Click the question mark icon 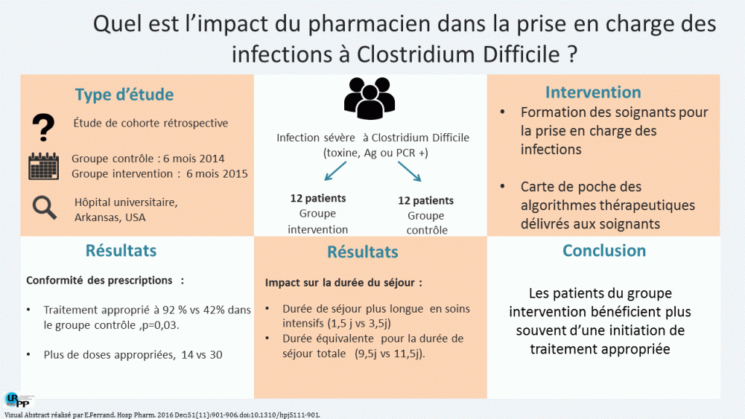(x=43, y=128)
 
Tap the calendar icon (x=43, y=166)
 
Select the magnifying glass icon (x=45, y=208)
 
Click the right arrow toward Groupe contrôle (x=409, y=172)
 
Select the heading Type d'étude (x=124, y=95)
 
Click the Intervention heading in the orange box (x=593, y=92)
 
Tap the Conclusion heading (x=604, y=250)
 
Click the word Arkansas (x=98, y=217)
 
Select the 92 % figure (x=180, y=310)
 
